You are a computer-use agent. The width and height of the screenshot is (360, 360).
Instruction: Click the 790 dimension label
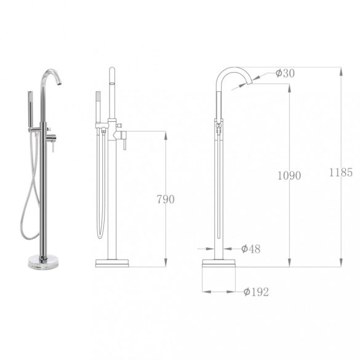click(x=166, y=199)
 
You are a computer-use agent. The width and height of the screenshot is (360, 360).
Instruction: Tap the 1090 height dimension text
click(x=289, y=175)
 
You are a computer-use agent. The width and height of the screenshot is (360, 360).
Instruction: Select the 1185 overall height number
click(x=341, y=172)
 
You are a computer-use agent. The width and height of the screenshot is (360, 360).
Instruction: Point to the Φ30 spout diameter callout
click(x=285, y=73)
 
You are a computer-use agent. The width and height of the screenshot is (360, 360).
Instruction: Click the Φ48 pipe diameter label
click(x=250, y=249)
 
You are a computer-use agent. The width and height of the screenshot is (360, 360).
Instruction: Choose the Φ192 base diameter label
click(x=256, y=292)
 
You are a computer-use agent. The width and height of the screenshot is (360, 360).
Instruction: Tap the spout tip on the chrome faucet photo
click(x=59, y=82)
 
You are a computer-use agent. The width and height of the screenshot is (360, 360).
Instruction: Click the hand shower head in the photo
click(x=30, y=97)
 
